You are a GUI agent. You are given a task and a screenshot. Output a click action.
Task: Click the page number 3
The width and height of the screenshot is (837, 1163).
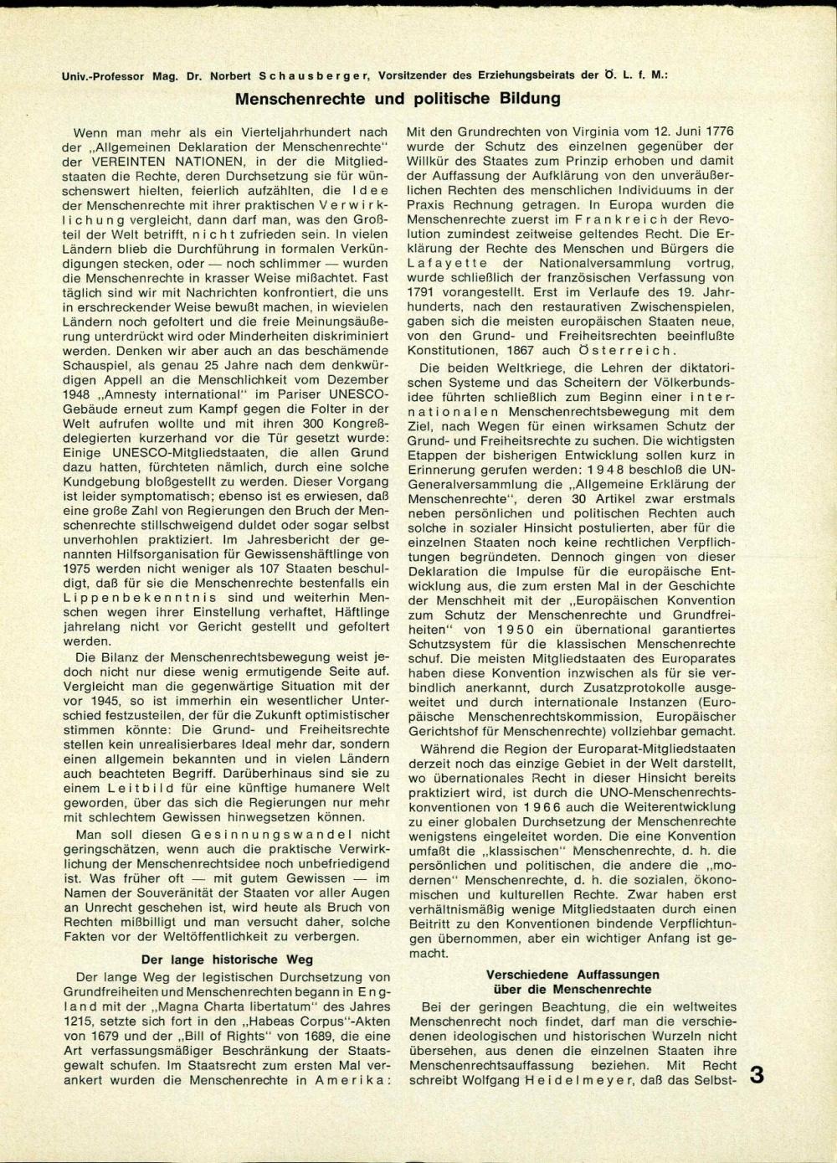757,1075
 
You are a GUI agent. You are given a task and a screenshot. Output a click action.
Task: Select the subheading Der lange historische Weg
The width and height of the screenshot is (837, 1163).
228,960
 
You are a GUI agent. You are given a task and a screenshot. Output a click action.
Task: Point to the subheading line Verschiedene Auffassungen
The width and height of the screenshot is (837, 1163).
573,975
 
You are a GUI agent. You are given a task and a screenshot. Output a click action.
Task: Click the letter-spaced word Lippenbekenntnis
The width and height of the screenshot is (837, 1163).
140,598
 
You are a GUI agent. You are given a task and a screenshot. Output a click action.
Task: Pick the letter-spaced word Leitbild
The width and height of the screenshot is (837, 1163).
141,788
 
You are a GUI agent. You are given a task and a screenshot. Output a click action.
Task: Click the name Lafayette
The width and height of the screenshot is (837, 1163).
444,263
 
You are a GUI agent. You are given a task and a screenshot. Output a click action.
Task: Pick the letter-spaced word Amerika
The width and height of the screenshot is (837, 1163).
353,1081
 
